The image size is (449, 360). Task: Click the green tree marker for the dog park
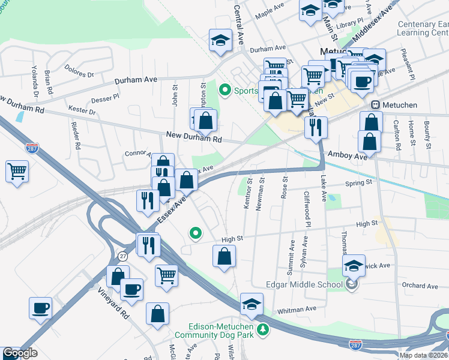click(262, 329)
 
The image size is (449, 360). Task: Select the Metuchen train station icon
click(376, 105)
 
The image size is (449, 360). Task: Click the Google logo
click(20, 353)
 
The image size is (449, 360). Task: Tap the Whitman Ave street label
click(297, 308)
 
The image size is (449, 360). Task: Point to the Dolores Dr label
click(80, 71)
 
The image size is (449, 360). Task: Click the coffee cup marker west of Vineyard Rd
click(41, 308)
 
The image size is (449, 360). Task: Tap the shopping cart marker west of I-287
click(17, 171)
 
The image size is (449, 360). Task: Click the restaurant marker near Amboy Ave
click(315, 127)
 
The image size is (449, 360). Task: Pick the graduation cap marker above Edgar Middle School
click(354, 266)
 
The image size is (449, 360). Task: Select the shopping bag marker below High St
click(224, 256)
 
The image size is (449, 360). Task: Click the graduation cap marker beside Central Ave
click(220, 40)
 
